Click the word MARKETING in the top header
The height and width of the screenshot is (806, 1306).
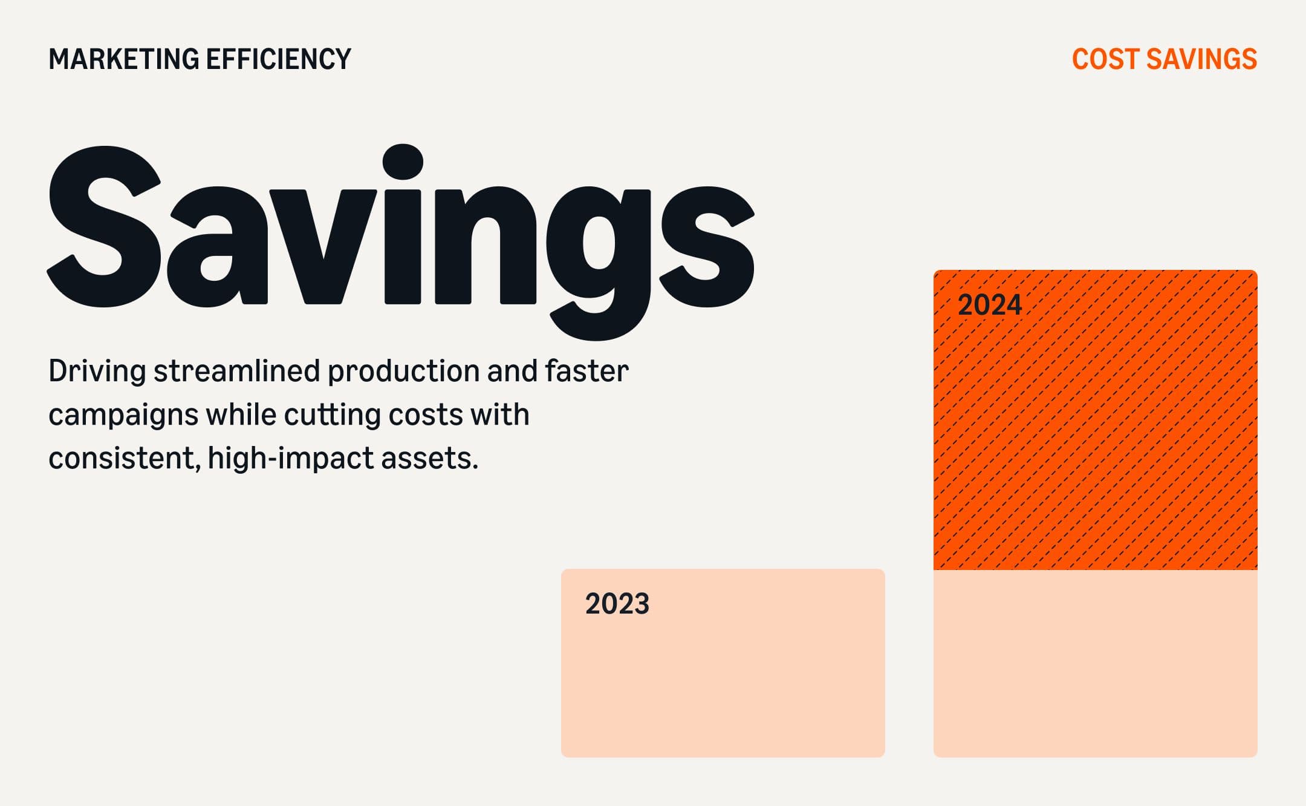point(123,59)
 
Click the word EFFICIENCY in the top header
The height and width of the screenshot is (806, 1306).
point(278,59)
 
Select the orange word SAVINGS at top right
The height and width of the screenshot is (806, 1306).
point(1201,59)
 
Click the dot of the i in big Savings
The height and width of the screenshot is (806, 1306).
point(403,162)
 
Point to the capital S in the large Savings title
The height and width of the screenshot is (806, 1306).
point(104,227)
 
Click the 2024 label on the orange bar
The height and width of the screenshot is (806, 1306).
point(990,304)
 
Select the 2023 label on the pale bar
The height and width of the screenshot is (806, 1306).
point(617,604)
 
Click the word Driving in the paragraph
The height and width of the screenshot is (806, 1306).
point(97,372)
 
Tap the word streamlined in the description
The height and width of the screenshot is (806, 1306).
point(236,371)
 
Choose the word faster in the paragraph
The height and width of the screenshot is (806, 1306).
point(586,371)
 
